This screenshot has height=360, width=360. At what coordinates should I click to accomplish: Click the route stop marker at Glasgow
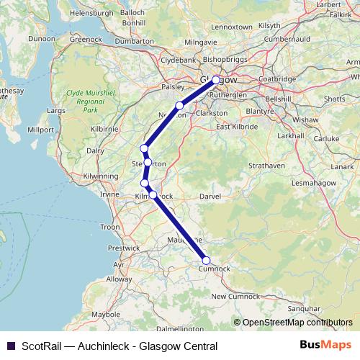point(216,81)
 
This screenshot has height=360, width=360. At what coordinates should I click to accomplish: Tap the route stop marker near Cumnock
point(207,261)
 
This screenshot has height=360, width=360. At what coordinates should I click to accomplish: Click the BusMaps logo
point(325,346)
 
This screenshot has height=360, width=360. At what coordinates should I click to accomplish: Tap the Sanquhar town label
point(303,307)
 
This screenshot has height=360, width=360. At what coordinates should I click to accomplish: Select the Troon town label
point(110,227)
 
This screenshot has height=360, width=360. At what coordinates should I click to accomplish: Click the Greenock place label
point(86,40)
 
